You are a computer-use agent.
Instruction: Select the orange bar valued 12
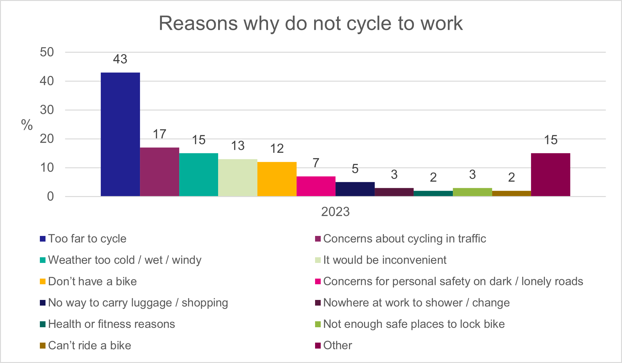coord(277,179)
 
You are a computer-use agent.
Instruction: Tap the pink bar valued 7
coord(316,186)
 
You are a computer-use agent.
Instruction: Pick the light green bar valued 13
coord(238,178)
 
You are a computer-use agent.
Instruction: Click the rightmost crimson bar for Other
coord(550,175)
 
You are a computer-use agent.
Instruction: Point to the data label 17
coord(159,134)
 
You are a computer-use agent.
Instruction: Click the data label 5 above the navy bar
coord(355,169)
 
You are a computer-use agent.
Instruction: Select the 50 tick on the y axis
coord(47,52)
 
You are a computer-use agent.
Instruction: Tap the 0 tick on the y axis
coord(50,197)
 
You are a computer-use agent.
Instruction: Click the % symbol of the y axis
coord(27,125)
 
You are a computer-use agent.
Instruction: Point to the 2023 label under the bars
coord(335,212)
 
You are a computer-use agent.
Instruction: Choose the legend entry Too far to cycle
coord(87,239)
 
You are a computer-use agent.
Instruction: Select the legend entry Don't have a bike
coord(92,281)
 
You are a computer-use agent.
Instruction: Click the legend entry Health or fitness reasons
coord(111,324)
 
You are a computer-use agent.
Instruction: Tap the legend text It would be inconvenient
coord(385,260)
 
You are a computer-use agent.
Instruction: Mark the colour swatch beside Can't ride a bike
coord(43,346)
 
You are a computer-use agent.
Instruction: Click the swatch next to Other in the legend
coord(318,346)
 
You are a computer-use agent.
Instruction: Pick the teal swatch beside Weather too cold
coord(43,260)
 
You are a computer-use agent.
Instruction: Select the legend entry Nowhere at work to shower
coord(416,303)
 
